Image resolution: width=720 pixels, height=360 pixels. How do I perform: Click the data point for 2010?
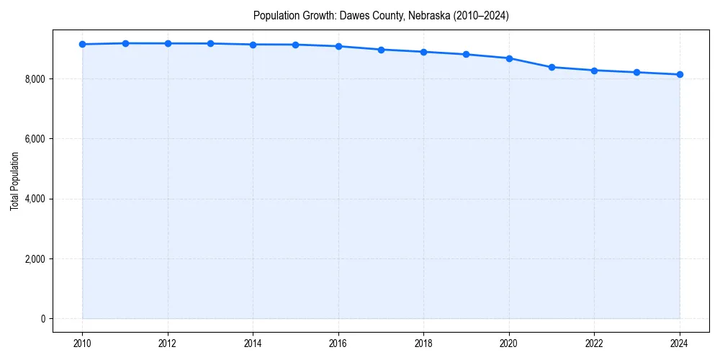(x=83, y=44)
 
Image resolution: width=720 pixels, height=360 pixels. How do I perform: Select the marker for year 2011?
(x=125, y=43)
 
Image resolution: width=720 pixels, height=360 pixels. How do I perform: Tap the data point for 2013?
(x=210, y=43)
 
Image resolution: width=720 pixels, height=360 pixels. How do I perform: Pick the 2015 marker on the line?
(x=296, y=45)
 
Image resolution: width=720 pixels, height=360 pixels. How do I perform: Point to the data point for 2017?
(x=381, y=50)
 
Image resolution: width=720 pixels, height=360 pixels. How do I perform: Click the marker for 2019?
(x=467, y=54)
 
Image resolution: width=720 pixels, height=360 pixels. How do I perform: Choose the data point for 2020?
(x=509, y=58)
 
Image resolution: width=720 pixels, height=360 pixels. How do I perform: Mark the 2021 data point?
(x=552, y=67)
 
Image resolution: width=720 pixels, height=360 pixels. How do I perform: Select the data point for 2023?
(x=637, y=72)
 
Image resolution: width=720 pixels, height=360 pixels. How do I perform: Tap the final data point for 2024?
(x=680, y=74)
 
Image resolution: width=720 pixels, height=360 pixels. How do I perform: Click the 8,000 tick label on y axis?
(x=35, y=78)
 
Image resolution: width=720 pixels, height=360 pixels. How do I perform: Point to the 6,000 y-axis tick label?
(x=35, y=138)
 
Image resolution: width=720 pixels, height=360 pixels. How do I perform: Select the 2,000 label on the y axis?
(x=35, y=258)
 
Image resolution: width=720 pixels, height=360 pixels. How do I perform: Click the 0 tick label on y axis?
(x=42, y=318)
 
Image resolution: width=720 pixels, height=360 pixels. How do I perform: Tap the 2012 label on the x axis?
(x=168, y=343)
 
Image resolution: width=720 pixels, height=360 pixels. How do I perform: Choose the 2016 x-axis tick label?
(x=338, y=343)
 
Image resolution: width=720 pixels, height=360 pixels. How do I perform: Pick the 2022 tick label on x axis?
(x=594, y=343)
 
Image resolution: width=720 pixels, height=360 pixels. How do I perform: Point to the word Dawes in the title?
(x=354, y=15)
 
